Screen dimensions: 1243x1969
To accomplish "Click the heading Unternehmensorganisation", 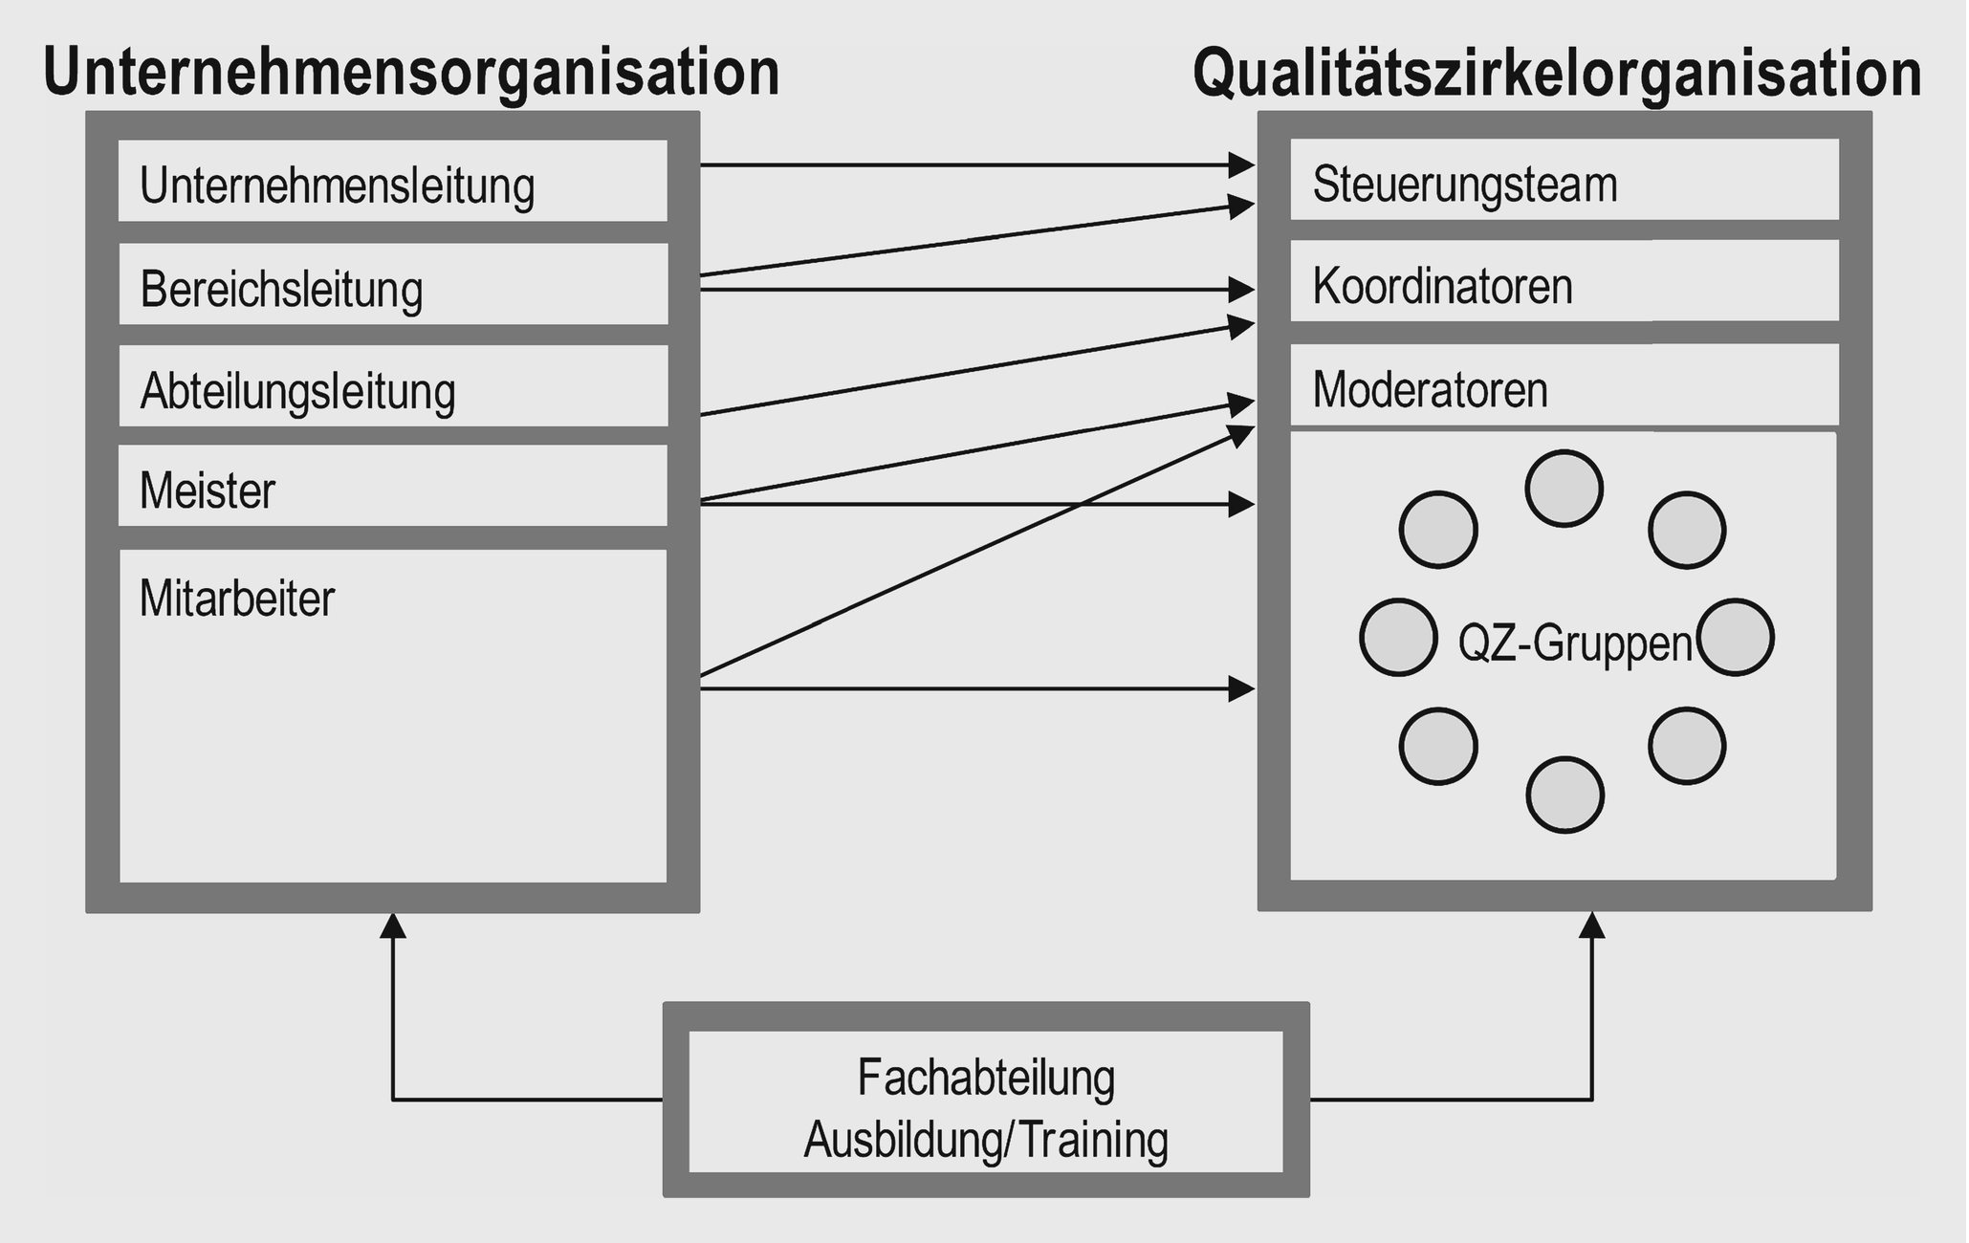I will pos(411,74).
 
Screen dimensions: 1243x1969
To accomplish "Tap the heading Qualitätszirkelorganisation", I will pos(1557,74).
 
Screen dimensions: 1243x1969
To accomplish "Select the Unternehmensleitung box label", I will pos(337,185).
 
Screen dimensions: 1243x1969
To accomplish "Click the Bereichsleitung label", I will pos(281,289).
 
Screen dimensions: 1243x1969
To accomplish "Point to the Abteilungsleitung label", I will pos(297,392).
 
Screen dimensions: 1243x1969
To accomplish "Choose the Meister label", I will pos(208,491).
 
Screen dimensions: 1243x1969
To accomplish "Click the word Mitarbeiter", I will pos(237,600).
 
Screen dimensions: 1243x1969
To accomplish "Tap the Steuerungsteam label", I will pos(1464,185).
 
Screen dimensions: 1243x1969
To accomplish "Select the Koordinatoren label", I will pos(1442,286).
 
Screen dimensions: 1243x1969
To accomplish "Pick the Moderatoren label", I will pos(1430,390).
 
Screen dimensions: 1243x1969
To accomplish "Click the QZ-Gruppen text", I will pos(1575,643).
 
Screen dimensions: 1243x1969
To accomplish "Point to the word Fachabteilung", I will pos(986,1078).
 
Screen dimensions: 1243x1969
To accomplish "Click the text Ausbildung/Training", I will pos(986,1140).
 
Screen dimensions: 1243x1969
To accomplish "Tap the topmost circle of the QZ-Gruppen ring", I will pos(1564,489).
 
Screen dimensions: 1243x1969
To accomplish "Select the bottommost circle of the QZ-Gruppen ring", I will pos(1564,795).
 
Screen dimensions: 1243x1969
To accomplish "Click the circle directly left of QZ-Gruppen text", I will pos(1398,637).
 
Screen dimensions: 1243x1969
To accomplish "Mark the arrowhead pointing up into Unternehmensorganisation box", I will pos(393,925).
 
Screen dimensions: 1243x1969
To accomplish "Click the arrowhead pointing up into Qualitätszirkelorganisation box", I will pos(1592,925).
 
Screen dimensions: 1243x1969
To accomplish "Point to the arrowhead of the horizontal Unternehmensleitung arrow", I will pos(1241,165).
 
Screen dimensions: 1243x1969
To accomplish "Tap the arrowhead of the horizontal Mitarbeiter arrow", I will pos(1241,687).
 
